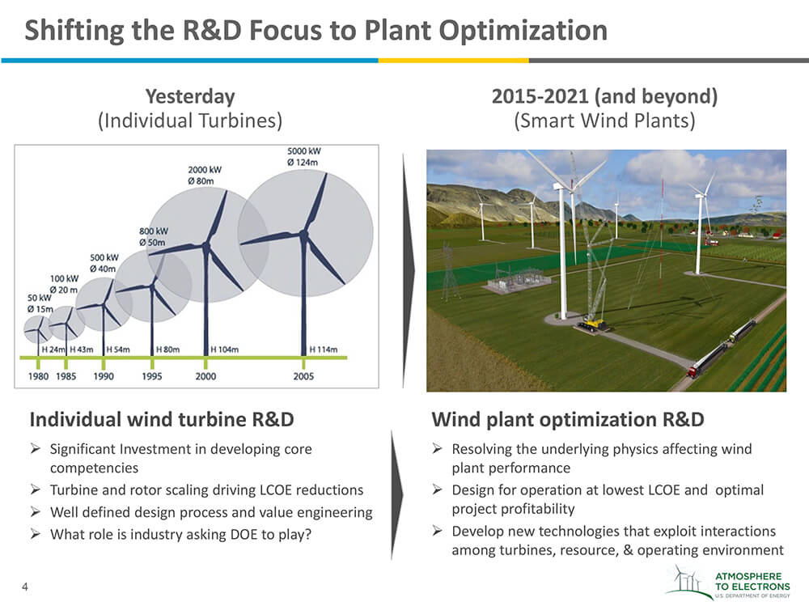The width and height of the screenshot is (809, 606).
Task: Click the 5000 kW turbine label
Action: (x=304, y=151)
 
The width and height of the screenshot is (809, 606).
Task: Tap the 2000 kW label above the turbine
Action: (x=205, y=170)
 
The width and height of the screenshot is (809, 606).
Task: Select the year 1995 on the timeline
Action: (x=152, y=376)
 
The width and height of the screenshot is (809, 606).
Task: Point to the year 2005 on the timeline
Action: (x=303, y=376)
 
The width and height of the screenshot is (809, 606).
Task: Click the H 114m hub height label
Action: (x=324, y=350)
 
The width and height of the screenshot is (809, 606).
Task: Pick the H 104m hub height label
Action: (x=225, y=350)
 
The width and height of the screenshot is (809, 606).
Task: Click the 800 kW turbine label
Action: (x=154, y=231)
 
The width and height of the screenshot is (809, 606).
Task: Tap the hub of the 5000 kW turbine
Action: (x=304, y=235)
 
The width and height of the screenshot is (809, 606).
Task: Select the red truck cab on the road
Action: (x=693, y=370)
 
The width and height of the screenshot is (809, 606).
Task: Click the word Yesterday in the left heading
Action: (x=190, y=96)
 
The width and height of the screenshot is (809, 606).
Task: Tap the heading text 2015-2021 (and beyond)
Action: (x=604, y=96)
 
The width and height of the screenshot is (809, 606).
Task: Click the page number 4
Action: (x=25, y=587)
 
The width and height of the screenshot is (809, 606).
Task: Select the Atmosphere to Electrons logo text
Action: (x=752, y=582)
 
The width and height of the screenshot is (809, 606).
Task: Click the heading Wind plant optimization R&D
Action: (x=568, y=420)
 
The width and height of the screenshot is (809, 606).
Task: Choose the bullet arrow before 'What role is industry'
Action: (x=35, y=533)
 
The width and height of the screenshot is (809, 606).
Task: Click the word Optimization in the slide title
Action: (x=523, y=31)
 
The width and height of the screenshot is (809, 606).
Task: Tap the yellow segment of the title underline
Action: (x=454, y=61)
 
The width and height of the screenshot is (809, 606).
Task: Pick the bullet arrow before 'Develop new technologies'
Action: (x=437, y=531)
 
